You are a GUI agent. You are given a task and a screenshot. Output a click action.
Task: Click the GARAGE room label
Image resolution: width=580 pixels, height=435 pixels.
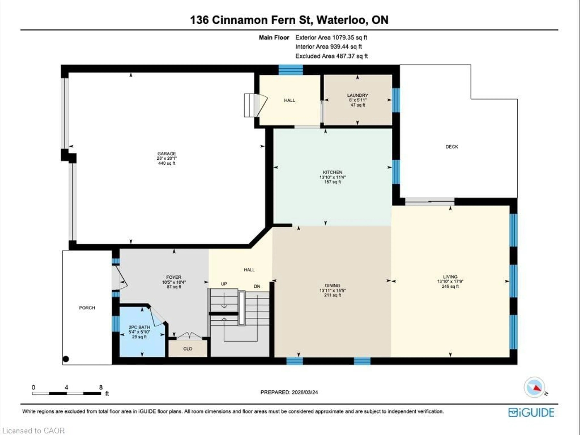tap(166, 154)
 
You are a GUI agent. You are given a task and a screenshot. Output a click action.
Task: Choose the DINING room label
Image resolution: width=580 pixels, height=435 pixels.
tap(332, 285)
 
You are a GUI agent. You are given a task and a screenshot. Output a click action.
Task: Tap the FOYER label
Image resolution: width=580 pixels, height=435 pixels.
tap(174, 277)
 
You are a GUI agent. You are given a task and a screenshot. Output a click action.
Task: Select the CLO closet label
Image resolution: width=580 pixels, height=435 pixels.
tap(188, 349)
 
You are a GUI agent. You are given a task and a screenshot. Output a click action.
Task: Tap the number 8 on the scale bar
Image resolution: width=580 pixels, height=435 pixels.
tap(101, 387)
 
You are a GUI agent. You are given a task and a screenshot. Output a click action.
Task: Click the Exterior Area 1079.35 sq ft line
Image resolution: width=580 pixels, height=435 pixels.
tap(331, 37)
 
